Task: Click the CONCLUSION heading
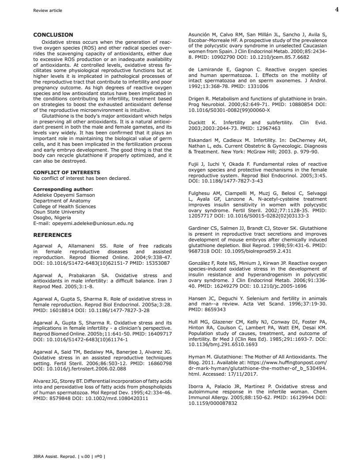tap(53, 35)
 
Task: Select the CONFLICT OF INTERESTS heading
tap(66, 172)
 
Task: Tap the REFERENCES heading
tap(52, 235)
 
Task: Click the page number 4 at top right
tap(337, 10)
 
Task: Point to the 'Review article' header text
tap(48, 11)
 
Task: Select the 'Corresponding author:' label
tap(63, 189)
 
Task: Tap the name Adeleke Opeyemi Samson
tap(64, 195)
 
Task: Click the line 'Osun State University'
tap(59, 212)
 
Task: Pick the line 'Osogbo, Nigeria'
tap(52, 218)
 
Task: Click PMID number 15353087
tap(157, 263)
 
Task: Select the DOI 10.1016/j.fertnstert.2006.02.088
tap(80, 368)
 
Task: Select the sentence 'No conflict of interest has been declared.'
tap(82, 178)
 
